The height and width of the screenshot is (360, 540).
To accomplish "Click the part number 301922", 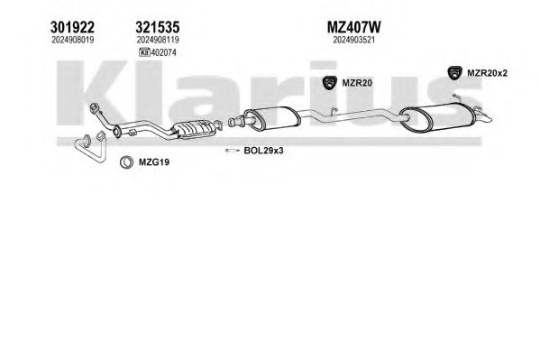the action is (72, 27).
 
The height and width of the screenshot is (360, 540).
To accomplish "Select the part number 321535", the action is (158, 27).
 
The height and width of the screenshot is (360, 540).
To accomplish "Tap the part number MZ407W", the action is (353, 27).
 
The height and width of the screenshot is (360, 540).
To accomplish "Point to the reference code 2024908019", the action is (73, 40).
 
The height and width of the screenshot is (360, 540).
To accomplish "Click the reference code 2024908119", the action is (158, 40).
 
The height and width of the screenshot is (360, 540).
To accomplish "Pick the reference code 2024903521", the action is (353, 40).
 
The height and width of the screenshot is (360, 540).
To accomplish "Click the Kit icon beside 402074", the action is (144, 52).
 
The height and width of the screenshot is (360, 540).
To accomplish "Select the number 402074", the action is (163, 52).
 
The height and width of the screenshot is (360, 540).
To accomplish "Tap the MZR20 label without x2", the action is (357, 83).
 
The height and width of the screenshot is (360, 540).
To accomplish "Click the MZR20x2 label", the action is (487, 73).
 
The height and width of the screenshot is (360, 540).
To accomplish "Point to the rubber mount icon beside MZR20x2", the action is (455, 73).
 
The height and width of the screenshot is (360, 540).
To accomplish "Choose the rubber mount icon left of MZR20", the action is (330, 83).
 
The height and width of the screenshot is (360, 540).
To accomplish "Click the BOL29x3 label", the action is (263, 151).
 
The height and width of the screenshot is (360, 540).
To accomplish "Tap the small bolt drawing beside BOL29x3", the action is (232, 151).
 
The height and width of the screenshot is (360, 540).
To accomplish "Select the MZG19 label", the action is (154, 162).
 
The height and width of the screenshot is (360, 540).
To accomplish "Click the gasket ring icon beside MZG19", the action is (126, 162).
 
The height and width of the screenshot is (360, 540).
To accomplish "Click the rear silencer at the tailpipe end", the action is (437, 116).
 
